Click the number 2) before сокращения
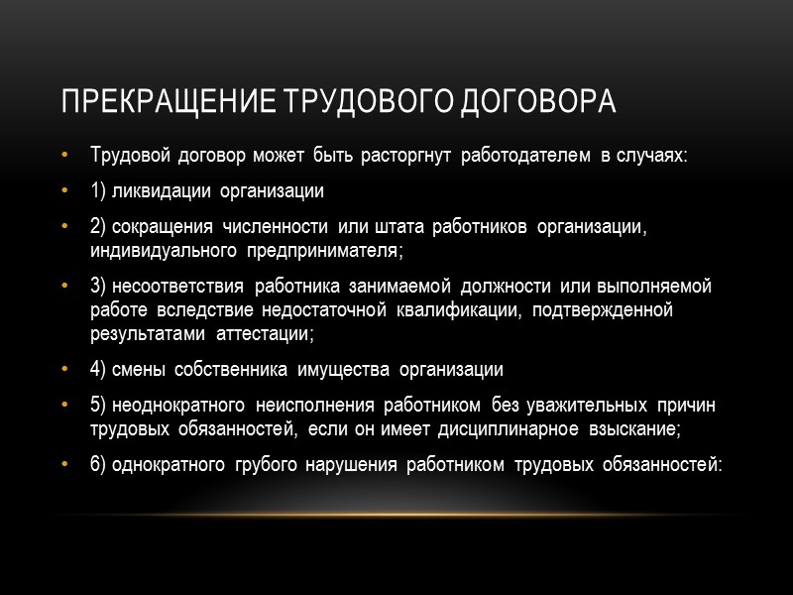tap(99, 227)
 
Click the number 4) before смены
tap(99, 370)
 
